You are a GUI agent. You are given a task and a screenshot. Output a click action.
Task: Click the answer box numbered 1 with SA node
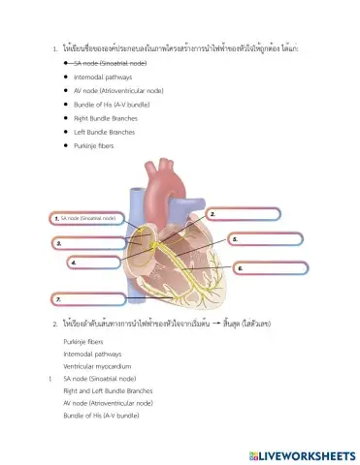pyautogui.click(x=87, y=219)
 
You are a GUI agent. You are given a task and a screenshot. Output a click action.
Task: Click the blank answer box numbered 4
pyautogui.click(x=102, y=263)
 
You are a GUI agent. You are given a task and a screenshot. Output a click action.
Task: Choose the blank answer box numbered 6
pyautogui.click(x=272, y=267)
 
